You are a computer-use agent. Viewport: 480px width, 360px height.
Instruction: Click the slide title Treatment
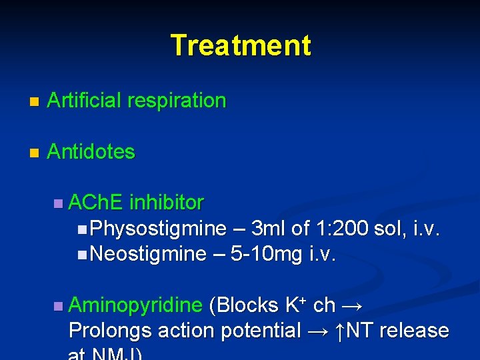(x=240, y=45)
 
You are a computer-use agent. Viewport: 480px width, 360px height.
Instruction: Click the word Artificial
(x=84, y=101)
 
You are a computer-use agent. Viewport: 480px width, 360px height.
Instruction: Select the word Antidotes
(x=91, y=151)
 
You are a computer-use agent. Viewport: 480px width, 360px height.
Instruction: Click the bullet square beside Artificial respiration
(x=34, y=102)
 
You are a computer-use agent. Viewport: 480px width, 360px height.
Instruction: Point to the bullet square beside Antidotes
(x=34, y=153)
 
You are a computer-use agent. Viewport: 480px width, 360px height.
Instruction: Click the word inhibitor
(x=167, y=202)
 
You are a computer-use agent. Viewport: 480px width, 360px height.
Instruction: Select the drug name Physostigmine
(x=158, y=229)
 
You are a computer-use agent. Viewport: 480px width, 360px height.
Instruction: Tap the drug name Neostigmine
(x=148, y=254)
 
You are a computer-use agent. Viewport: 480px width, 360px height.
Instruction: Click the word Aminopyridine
(x=135, y=305)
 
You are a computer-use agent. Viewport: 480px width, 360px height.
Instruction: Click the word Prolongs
(x=109, y=331)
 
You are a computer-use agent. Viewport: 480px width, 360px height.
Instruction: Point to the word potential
(x=261, y=331)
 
